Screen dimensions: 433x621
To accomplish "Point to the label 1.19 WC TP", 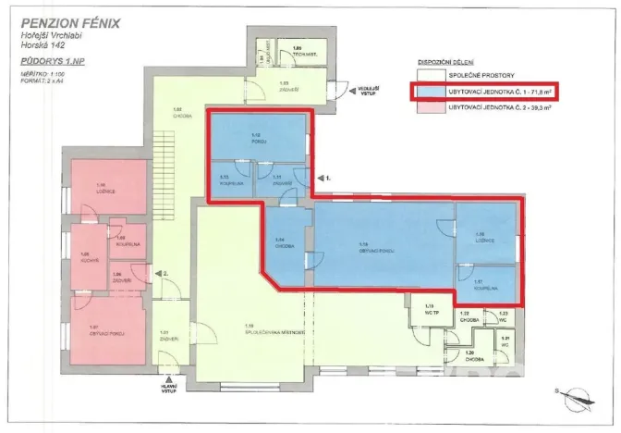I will (x=429, y=307).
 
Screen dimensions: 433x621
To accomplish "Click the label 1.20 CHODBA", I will (x=469, y=354).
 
